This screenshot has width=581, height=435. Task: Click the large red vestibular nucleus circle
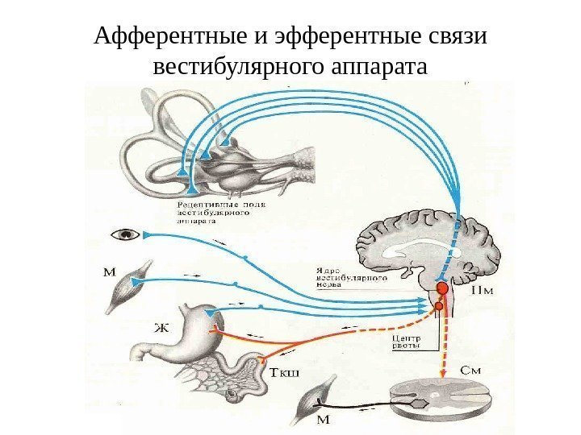(442, 288)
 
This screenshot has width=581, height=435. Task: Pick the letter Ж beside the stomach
(162, 328)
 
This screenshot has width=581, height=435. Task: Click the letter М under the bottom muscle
(324, 419)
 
